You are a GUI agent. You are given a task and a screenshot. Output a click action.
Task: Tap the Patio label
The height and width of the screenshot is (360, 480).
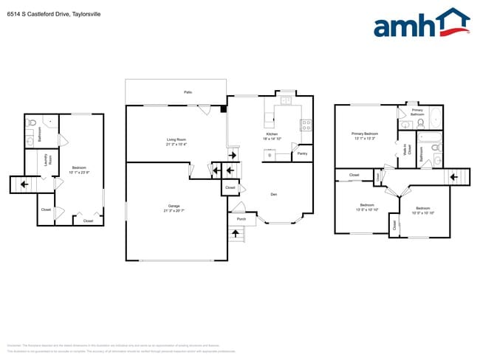tap(188, 92)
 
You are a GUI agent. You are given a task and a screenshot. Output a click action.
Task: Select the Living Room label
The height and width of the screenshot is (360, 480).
tap(175, 139)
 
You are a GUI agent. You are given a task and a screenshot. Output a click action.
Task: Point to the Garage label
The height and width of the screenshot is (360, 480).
tap(173, 207)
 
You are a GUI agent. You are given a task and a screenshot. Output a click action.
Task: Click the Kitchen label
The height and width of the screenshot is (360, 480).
tap(270, 134)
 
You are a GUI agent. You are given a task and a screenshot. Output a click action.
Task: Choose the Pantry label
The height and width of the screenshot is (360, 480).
tap(302, 153)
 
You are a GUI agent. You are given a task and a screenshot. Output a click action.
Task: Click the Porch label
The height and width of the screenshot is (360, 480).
tap(241, 219)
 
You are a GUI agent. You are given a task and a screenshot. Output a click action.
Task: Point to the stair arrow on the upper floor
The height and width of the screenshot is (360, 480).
tap(455, 178)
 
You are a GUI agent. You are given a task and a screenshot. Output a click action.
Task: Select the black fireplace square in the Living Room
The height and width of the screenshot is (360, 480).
tap(223, 110)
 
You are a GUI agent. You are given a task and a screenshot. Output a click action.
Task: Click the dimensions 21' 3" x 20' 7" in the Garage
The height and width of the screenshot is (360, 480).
tap(173, 211)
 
